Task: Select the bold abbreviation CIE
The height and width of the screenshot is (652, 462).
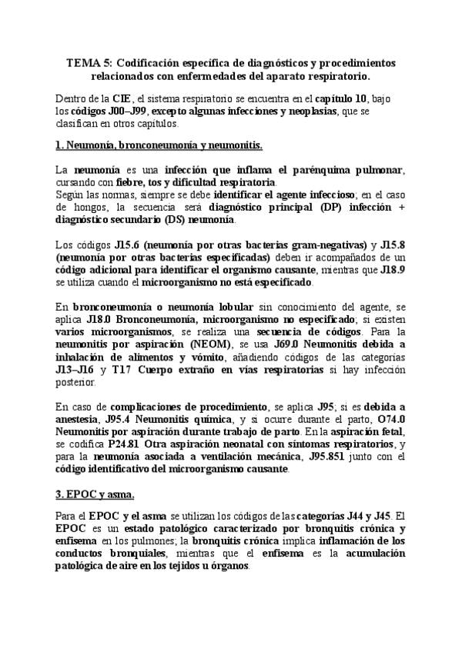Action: [x=122, y=98]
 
